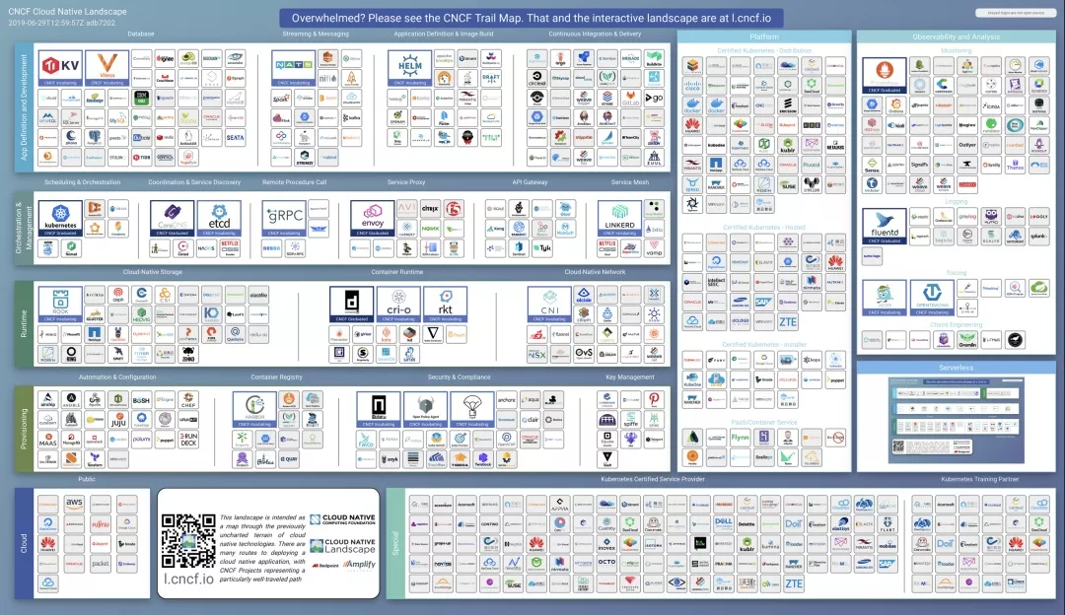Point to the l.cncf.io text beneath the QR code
(188, 580)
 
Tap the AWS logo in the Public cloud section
(74, 503)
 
